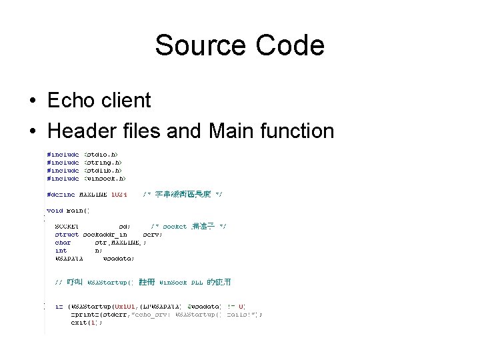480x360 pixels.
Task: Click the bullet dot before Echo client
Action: coord(32,101)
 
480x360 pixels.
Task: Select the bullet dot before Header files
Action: coord(32,131)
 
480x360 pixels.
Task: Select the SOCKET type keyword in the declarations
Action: coord(67,227)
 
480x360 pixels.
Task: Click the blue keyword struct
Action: coord(67,235)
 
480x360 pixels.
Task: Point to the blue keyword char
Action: coord(63,243)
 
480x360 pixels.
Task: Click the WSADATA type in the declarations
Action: coord(69,258)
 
